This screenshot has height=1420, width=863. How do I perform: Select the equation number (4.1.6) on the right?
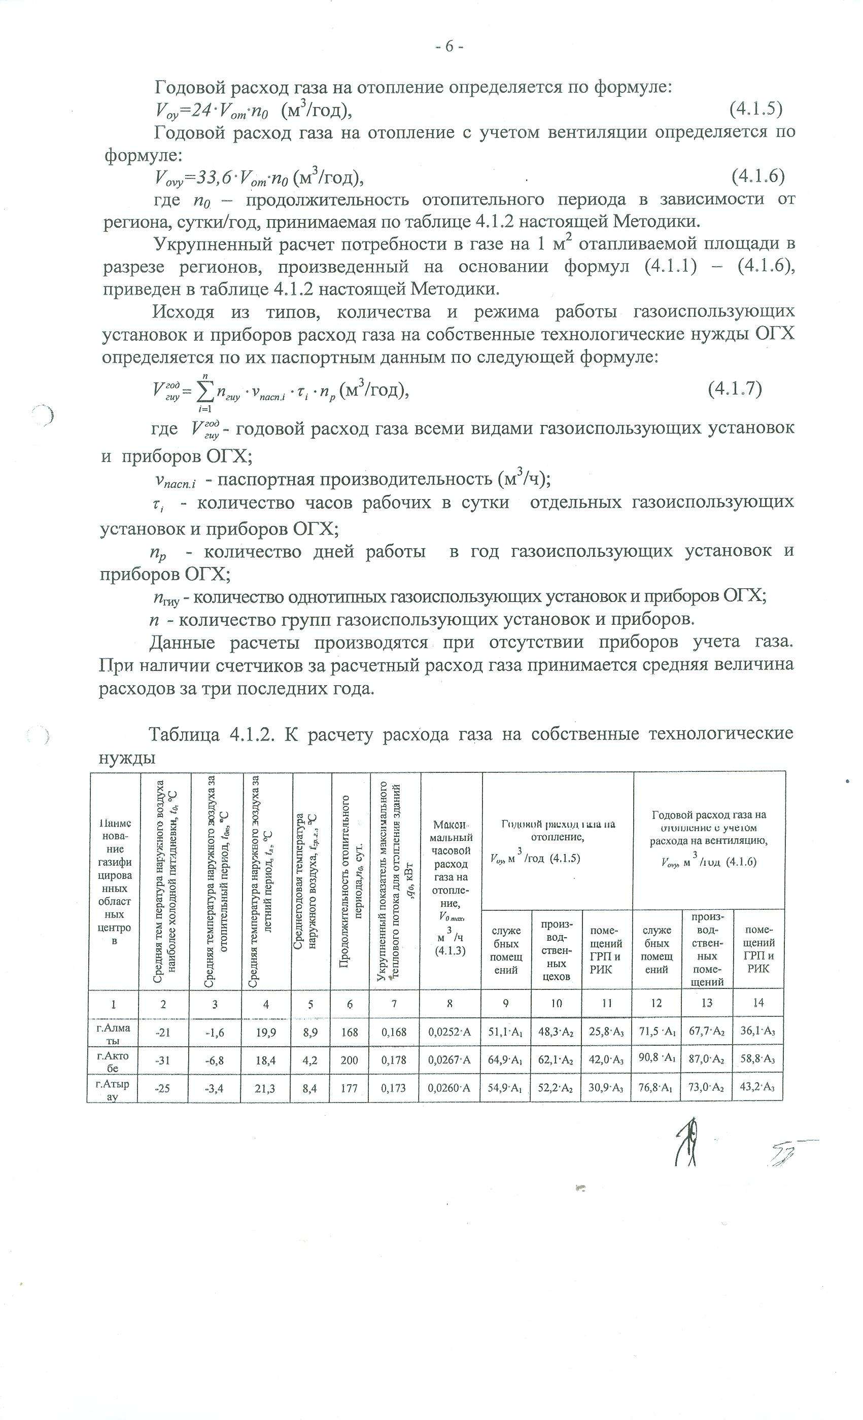click(757, 176)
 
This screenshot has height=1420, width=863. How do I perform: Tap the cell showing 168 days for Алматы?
click(350, 1032)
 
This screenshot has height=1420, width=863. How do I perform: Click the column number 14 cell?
click(758, 1003)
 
